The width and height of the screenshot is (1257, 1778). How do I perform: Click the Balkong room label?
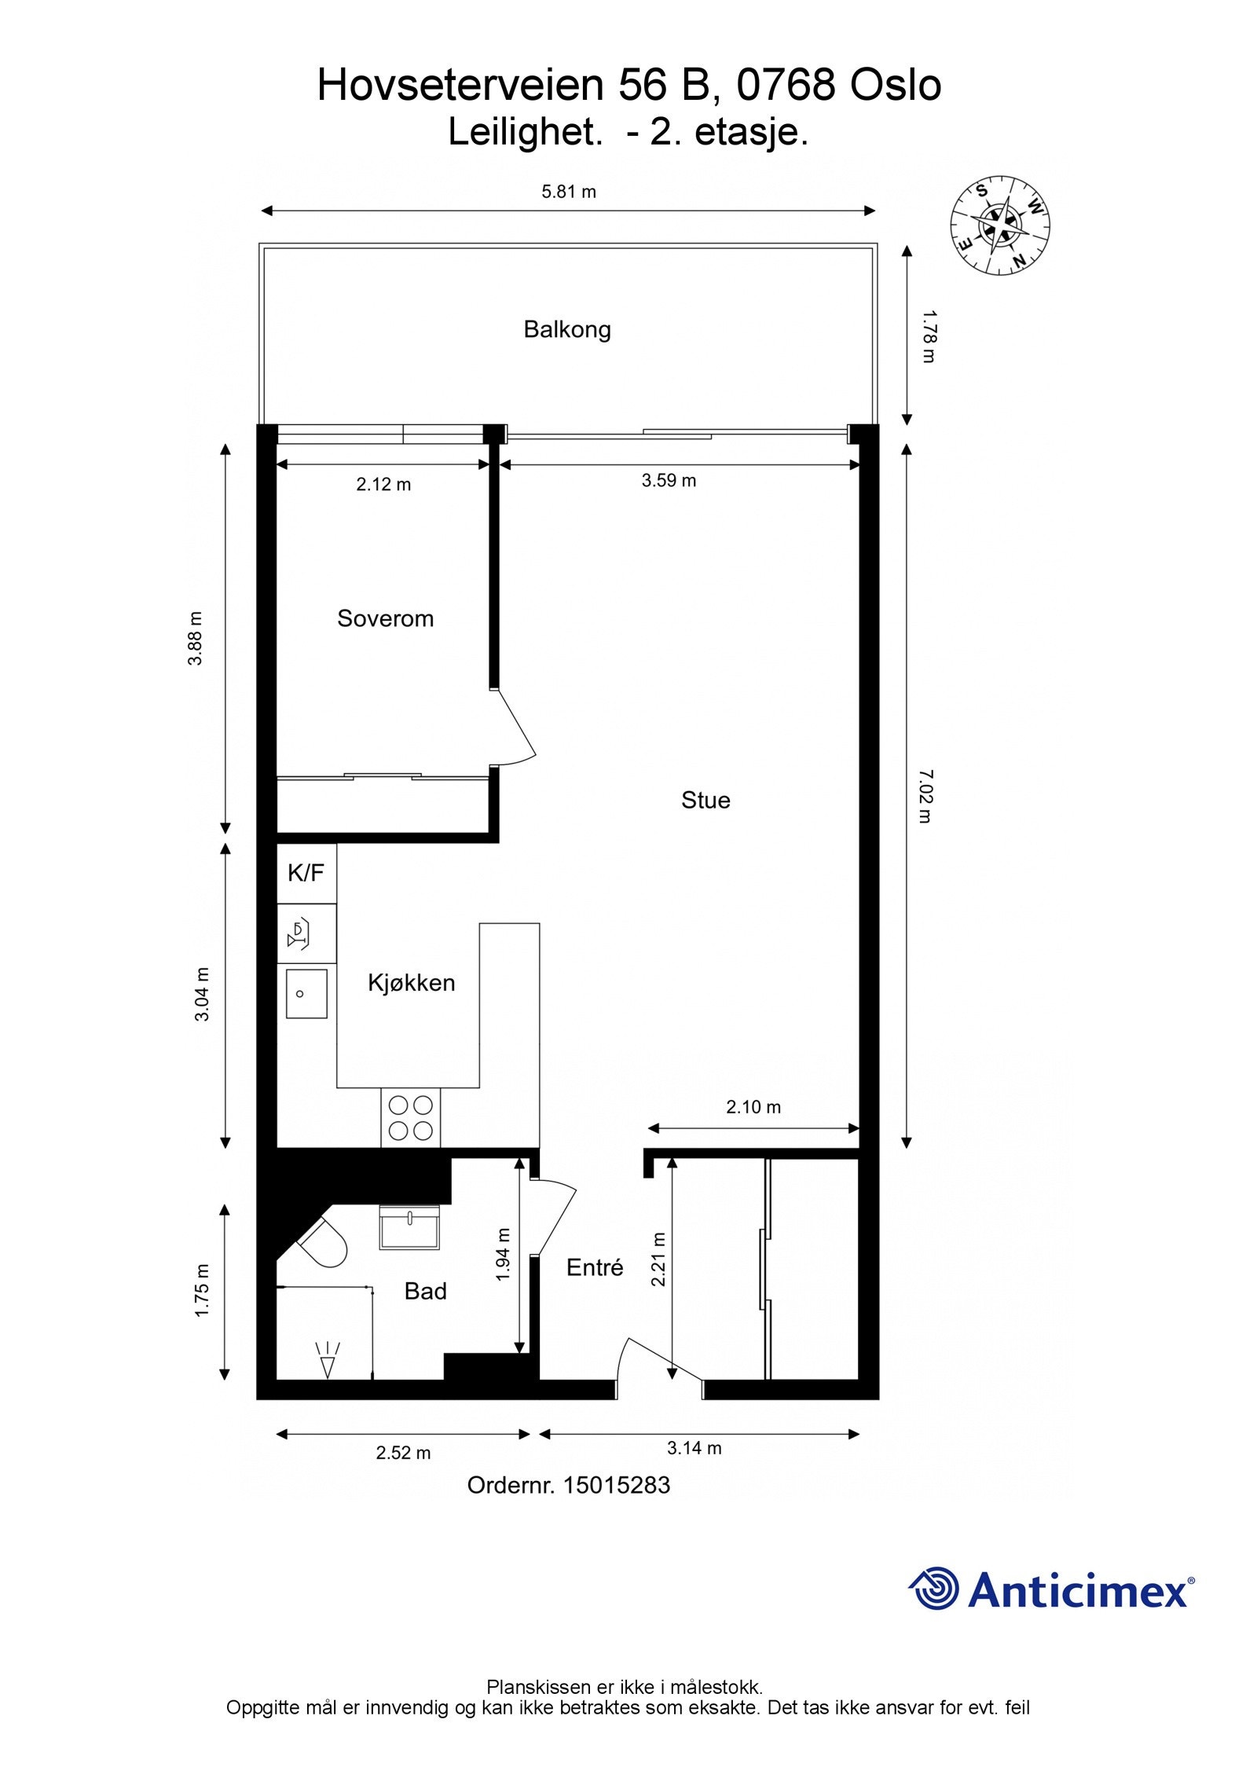[566, 328]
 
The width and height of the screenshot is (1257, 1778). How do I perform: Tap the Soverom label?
[385, 618]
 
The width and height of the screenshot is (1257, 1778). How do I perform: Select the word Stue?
[705, 800]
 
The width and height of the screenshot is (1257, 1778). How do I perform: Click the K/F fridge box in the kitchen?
[306, 873]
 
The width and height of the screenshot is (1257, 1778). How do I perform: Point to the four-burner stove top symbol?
[411, 1118]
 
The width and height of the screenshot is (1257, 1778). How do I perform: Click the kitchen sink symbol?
[306, 994]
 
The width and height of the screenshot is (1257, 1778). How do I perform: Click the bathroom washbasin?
[409, 1227]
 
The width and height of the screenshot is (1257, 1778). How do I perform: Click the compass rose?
[1000, 225]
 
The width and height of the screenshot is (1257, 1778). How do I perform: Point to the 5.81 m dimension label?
[568, 192]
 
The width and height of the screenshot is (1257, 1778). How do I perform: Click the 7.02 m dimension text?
[925, 796]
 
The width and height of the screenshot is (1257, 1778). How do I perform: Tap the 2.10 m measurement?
[753, 1107]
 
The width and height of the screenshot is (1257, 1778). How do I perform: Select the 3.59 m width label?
[669, 480]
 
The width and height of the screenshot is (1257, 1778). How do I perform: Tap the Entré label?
[595, 1267]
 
